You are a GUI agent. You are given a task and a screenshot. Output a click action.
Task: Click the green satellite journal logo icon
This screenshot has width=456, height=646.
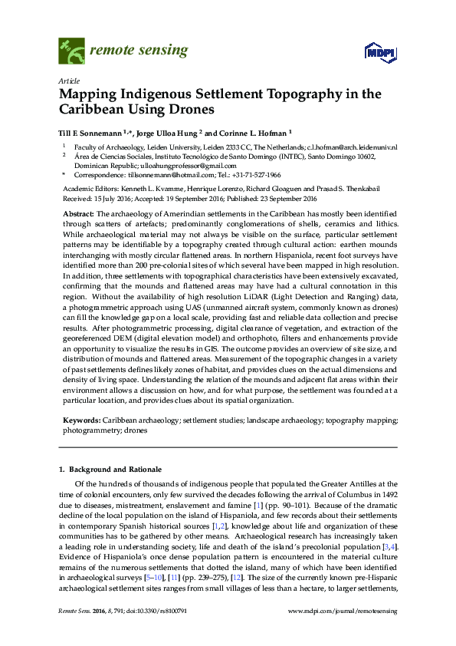click(x=71, y=52)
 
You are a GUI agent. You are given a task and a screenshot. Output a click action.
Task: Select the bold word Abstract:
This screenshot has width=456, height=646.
click(x=77, y=213)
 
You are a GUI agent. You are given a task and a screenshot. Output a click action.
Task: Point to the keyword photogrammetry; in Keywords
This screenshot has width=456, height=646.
click(x=91, y=431)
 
